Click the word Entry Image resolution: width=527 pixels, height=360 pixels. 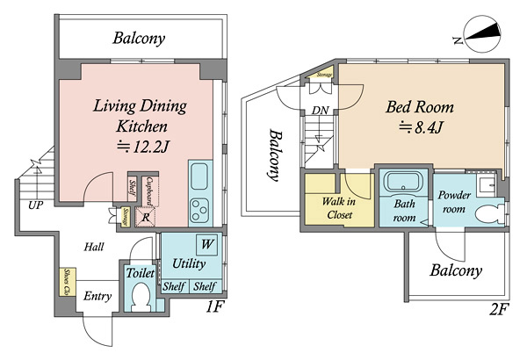[97, 296]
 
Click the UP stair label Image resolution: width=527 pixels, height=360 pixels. [35, 205]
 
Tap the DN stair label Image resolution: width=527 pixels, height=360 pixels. [320, 111]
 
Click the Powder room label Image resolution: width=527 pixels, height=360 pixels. [455, 202]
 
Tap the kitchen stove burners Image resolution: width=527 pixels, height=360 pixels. [199, 212]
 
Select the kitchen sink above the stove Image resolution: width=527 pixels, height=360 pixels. [199, 175]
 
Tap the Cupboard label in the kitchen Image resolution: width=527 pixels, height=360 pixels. [150, 191]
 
